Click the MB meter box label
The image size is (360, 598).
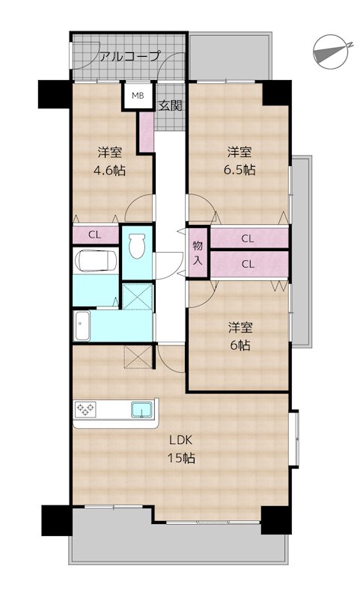138,96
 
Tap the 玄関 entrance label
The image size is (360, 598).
170,105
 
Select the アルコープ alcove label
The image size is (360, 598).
129,57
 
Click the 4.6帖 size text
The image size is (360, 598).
109,170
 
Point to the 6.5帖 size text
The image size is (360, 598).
240,170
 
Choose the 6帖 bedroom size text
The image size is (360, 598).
240,345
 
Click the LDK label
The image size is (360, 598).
180,440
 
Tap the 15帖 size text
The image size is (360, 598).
181,457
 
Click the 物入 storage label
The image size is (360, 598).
198,253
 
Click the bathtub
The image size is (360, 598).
96,260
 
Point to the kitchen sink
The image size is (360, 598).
141,410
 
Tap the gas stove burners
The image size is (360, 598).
86,409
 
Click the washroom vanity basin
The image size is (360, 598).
82,325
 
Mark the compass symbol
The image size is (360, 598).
331,52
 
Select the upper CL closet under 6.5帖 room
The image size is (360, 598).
248,238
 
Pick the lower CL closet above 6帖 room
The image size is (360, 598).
248,264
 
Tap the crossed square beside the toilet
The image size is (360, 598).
138,295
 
